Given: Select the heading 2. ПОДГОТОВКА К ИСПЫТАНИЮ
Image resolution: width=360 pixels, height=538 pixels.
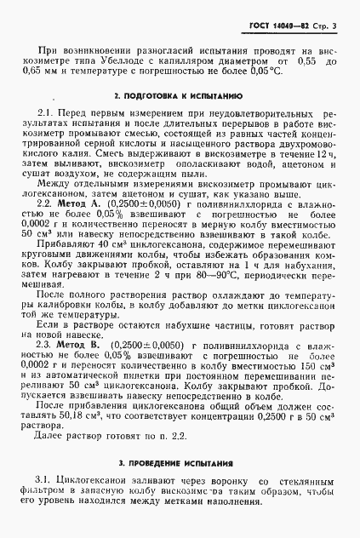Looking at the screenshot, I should pyautogui.click(x=180, y=96).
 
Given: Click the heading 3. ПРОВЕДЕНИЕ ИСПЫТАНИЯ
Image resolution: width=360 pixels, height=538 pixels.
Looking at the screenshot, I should pyautogui.click(x=180, y=464).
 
